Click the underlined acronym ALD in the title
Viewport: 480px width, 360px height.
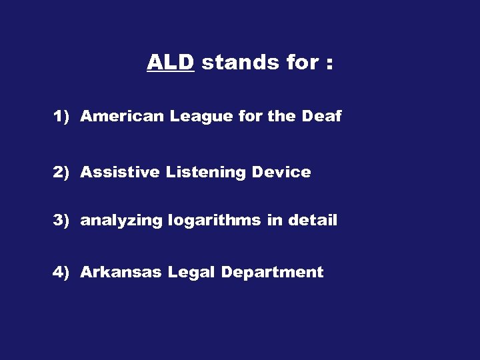coord(170,63)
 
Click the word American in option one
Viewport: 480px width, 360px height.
coord(122,117)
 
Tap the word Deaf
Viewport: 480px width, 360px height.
coord(321,117)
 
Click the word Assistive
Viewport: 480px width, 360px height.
coord(120,173)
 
